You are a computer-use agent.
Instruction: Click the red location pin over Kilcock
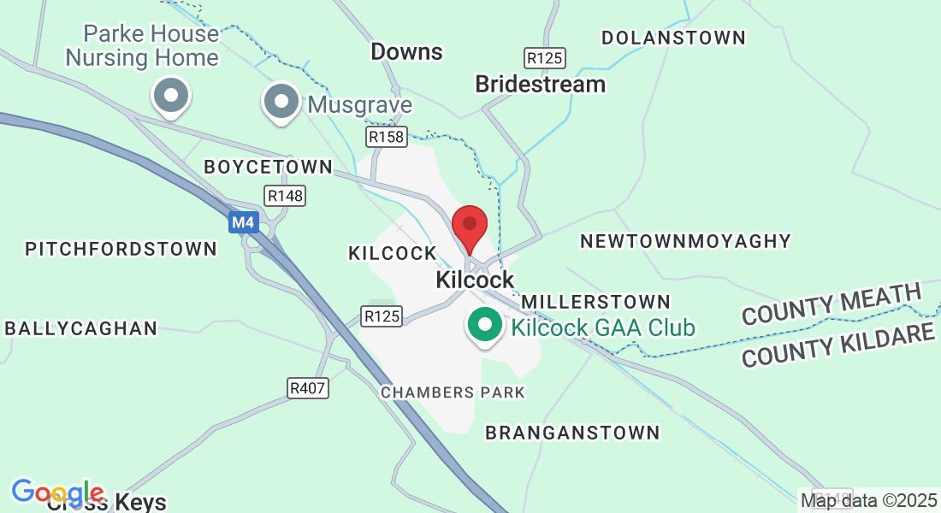(x=469, y=226)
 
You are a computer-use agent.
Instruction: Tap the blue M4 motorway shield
(x=243, y=223)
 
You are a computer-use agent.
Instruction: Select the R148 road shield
(x=286, y=196)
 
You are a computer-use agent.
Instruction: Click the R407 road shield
(x=308, y=389)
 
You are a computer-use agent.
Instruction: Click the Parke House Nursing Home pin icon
(x=171, y=96)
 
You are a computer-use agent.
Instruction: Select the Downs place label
(x=406, y=52)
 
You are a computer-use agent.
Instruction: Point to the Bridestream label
(x=540, y=84)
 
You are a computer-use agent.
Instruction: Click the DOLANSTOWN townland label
(x=673, y=38)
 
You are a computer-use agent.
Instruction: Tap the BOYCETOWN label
(x=268, y=167)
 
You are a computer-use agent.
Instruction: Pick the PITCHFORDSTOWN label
(x=121, y=249)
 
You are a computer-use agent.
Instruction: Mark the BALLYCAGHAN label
(x=81, y=328)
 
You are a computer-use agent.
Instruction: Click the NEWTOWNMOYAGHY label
(x=685, y=242)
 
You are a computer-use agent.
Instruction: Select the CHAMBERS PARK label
(x=453, y=392)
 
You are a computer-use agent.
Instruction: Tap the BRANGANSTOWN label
(x=572, y=433)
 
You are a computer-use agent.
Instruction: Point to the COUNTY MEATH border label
(x=831, y=304)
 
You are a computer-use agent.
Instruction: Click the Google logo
(x=57, y=493)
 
